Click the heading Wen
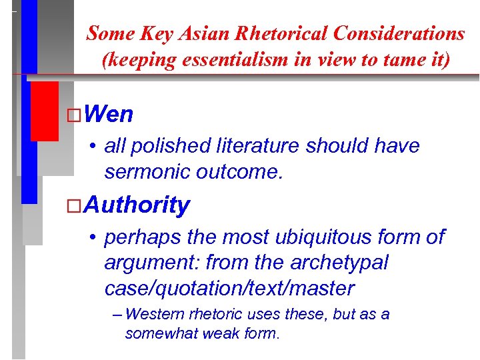(x=109, y=115)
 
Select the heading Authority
(x=137, y=205)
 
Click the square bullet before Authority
(x=75, y=205)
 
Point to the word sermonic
(x=147, y=172)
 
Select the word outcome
(x=239, y=172)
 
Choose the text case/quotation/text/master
(x=229, y=289)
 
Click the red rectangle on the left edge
(x=44, y=111)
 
